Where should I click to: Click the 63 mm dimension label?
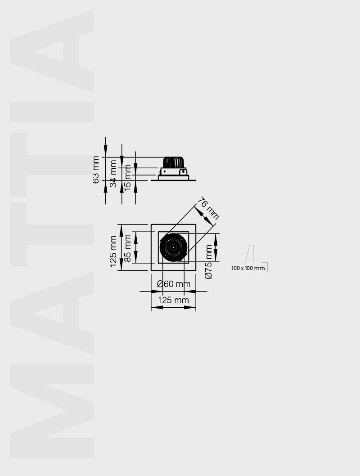click(x=95, y=170)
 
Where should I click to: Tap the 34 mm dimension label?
click(x=113, y=174)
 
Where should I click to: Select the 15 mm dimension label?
click(x=128, y=178)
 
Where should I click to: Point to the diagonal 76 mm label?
click(x=208, y=208)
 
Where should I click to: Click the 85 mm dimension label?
click(x=128, y=248)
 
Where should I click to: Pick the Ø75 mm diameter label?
click(x=208, y=262)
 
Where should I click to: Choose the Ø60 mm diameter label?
click(x=174, y=284)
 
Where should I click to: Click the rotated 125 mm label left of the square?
click(x=113, y=251)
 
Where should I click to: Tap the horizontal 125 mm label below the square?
click(x=173, y=300)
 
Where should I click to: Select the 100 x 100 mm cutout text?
click(x=248, y=268)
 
